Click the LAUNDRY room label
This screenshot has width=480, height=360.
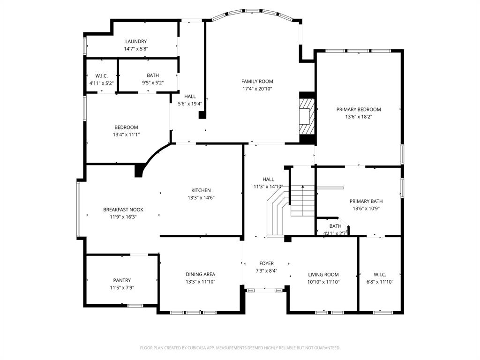tap(135, 41)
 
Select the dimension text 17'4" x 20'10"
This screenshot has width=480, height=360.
tap(257, 89)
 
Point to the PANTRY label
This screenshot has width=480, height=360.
tap(122, 280)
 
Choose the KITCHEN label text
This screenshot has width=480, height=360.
tap(201, 190)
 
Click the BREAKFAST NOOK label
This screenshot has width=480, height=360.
tap(123, 210)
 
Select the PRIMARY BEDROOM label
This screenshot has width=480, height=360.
tap(359, 109)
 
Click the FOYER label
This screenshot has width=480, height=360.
tap(266, 263)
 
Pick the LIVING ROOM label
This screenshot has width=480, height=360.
tap(323, 275)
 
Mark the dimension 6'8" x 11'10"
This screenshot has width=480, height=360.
tap(379, 282)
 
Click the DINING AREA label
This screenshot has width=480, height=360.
tap(200, 274)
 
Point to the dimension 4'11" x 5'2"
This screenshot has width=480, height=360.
tap(101, 83)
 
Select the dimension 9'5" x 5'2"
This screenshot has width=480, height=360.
tap(152, 83)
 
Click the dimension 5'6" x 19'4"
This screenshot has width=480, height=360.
tap(190, 104)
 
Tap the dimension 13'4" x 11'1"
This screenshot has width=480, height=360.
tap(126, 135)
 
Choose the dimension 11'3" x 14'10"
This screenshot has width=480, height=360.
tap(268, 186)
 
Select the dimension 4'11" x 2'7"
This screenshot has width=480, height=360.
tap(335, 232)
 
